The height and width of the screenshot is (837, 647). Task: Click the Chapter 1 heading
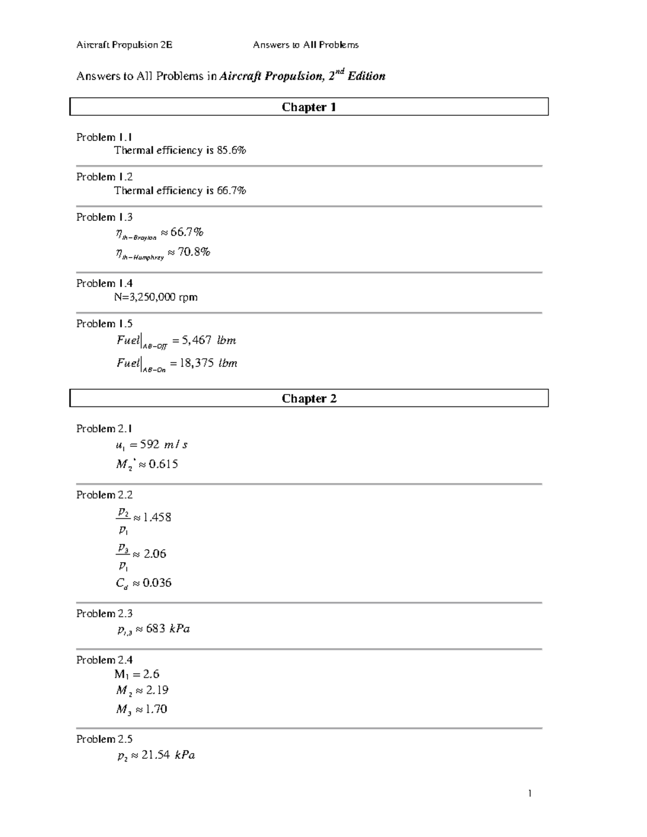coord(309,107)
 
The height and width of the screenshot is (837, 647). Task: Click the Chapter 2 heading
coord(309,399)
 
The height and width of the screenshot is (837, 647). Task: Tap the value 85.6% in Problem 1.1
coord(231,151)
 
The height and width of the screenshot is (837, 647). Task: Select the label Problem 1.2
coord(104,177)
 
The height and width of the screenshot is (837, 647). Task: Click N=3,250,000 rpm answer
coord(156,298)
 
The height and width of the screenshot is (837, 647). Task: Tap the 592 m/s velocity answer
coord(163,445)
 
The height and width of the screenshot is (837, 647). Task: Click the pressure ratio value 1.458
coord(157,517)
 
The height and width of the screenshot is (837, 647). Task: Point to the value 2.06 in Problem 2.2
coord(155,554)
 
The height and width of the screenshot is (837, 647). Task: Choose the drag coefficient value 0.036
coord(157,583)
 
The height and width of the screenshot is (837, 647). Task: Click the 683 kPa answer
coord(167,629)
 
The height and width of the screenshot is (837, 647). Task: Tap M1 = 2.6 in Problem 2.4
coord(136,674)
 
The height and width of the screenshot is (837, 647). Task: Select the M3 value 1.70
coord(156,709)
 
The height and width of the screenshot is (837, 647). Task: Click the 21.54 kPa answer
coord(168,756)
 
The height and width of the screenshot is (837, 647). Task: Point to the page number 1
coord(530,793)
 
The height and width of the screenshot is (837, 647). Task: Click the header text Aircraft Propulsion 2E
coord(124,45)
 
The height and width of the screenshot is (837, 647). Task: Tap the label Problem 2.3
coord(104,614)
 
